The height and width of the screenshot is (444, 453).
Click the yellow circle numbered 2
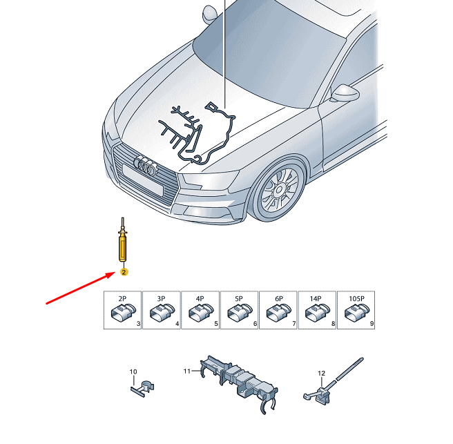(x=124, y=272)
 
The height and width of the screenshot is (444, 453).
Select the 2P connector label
(x=122, y=298)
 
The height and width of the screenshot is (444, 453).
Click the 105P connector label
(x=356, y=298)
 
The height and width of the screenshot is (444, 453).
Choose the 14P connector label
(x=316, y=298)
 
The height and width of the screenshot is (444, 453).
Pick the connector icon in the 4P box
(x=201, y=313)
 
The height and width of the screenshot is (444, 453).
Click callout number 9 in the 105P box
(x=372, y=324)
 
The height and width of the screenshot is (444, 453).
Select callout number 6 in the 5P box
(x=255, y=324)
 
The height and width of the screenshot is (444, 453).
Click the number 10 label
(x=133, y=371)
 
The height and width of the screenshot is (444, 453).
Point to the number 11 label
(x=187, y=371)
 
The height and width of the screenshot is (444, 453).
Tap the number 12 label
(x=321, y=374)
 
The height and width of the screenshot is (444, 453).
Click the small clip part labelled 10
(x=143, y=389)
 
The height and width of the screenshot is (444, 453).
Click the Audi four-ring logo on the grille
(x=146, y=166)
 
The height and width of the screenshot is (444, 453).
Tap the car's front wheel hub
(x=279, y=190)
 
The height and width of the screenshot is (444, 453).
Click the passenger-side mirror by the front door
(x=345, y=93)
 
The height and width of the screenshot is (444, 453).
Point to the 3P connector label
(x=161, y=298)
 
